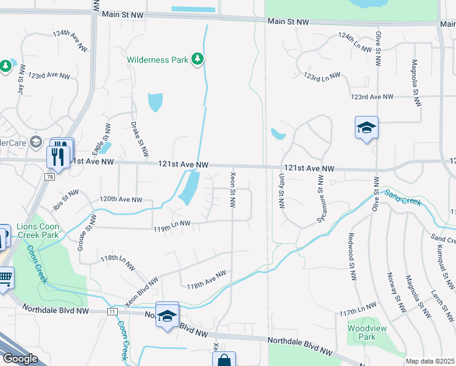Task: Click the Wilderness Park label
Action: click(x=158, y=60)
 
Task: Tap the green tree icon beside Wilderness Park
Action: click(x=197, y=59)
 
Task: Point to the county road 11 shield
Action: click(x=113, y=311)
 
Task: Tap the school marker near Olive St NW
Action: click(x=366, y=128)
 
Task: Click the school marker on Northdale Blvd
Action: click(x=166, y=316)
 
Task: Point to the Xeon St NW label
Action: click(x=232, y=189)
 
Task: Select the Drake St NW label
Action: click(x=140, y=138)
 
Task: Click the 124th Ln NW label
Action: click(x=355, y=43)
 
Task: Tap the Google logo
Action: click(x=20, y=359)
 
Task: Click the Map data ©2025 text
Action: click(x=430, y=361)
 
